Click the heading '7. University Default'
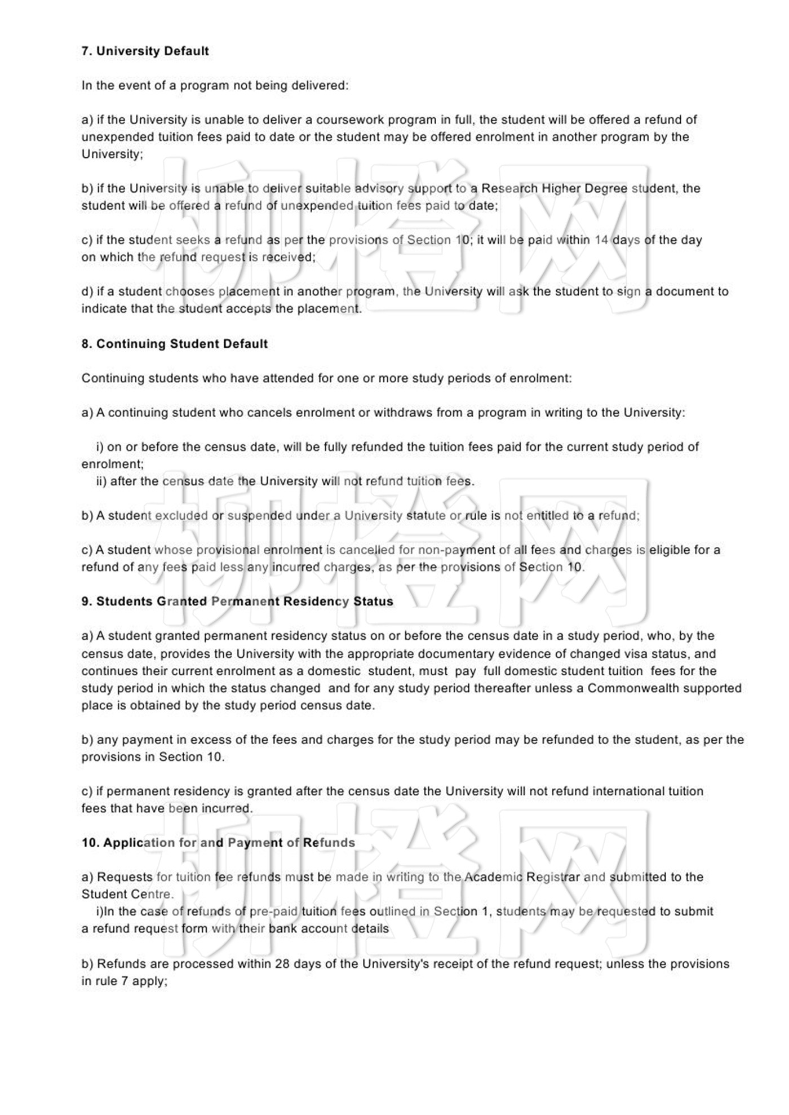pos(145,51)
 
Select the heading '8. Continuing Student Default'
pos(174,344)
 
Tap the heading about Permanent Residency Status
pos(237,601)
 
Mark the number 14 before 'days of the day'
pos(601,240)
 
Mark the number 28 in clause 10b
pos(282,964)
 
